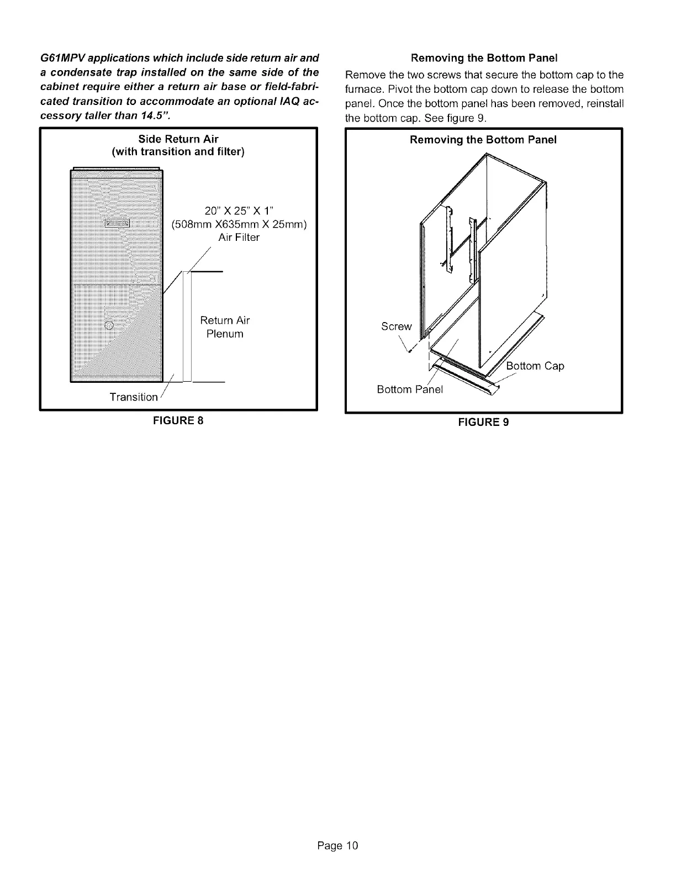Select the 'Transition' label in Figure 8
(x=134, y=397)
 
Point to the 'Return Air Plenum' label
(x=225, y=327)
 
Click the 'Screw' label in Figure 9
(x=397, y=326)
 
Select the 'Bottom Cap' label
(x=535, y=366)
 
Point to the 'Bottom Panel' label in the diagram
(x=410, y=389)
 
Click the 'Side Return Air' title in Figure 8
(x=178, y=139)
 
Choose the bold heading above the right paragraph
(x=483, y=57)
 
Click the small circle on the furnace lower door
(x=109, y=325)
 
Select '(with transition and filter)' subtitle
(x=178, y=152)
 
